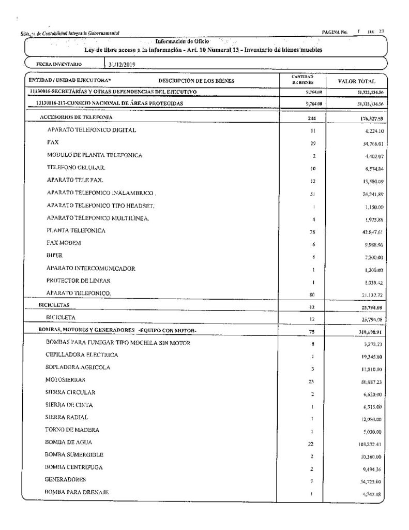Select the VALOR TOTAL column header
coord(356,81)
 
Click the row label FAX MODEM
coord(64,243)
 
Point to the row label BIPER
coord(54,255)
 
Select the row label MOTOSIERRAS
coord(66,379)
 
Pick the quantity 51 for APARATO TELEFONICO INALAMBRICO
coord(307,194)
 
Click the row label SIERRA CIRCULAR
coord(70,392)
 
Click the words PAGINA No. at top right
coord(334,32)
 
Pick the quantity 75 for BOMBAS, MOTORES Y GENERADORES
coord(307,331)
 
